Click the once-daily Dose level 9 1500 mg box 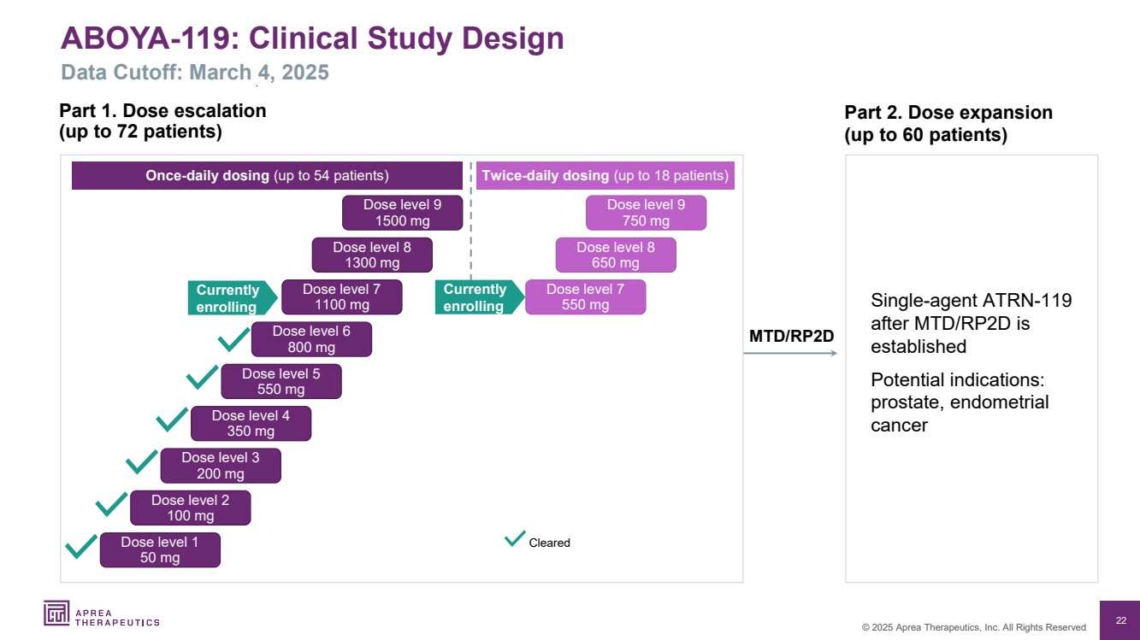[x=402, y=213]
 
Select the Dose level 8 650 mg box [x=616, y=255]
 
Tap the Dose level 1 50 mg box [x=160, y=549]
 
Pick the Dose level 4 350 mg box [x=251, y=423]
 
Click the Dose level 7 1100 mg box [x=341, y=297]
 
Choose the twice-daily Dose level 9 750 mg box [x=646, y=213]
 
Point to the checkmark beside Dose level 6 [x=233, y=339]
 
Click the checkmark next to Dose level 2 [x=112, y=503]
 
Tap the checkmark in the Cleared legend [x=515, y=538]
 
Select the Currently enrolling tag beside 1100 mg [x=229, y=297]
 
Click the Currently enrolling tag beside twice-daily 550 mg [x=476, y=297]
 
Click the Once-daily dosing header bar [x=267, y=176]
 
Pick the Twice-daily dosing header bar [x=605, y=176]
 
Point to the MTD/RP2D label [x=791, y=337]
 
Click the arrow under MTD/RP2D [x=790, y=352]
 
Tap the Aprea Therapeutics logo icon [x=56, y=613]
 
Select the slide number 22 [x=1120, y=619]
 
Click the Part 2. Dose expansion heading [x=948, y=113]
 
